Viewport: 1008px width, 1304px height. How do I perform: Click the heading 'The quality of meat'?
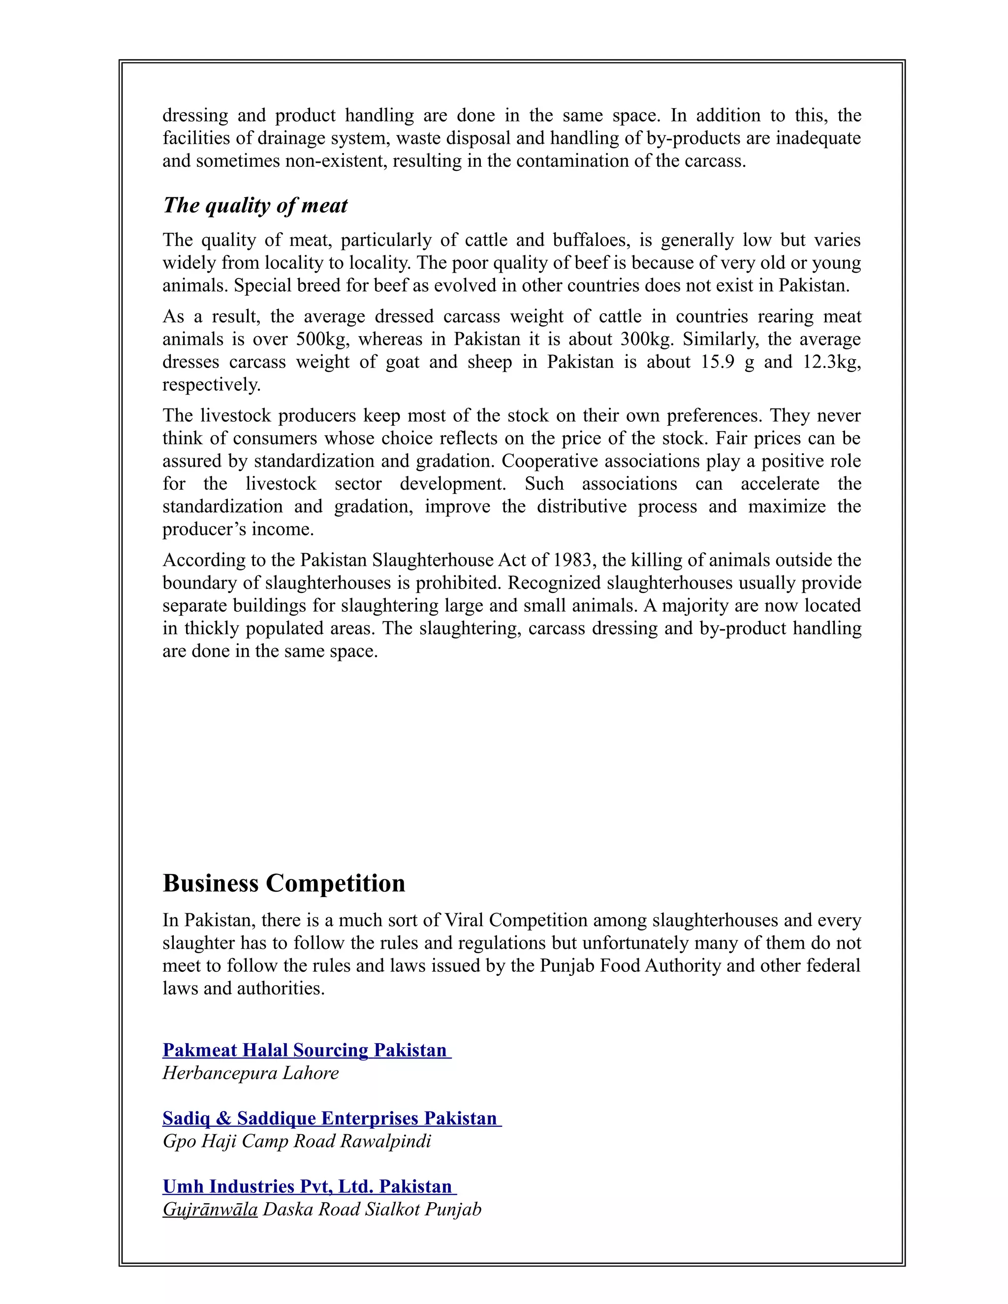[255, 205]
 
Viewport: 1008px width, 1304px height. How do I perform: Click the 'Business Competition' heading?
[283, 883]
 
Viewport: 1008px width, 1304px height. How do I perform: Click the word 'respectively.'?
[211, 384]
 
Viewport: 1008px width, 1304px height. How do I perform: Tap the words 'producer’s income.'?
[238, 529]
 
